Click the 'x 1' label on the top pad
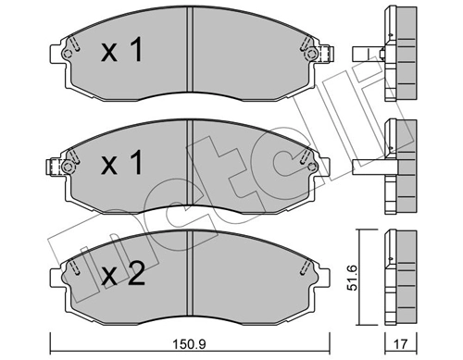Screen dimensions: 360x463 (x=122, y=52)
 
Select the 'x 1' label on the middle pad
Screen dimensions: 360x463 (x=122, y=166)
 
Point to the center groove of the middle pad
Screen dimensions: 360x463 (x=189, y=167)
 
